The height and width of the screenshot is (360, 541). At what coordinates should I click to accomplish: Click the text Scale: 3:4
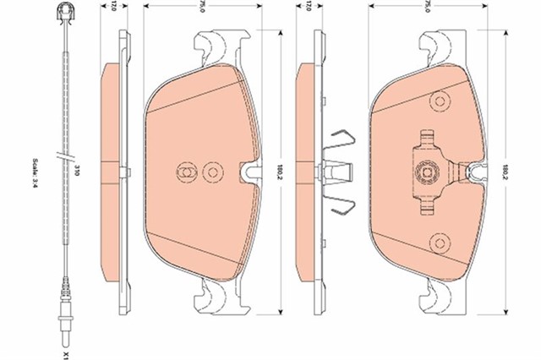point(35,175)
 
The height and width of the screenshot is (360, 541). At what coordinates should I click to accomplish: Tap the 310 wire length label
point(77,171)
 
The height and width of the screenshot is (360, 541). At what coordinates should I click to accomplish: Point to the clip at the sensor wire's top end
point(65,14)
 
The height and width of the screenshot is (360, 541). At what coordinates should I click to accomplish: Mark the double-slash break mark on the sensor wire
point(65,156)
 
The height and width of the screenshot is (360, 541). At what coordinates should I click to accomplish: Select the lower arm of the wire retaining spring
point(340,205)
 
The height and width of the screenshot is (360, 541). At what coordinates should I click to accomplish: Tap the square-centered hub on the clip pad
point(427,171)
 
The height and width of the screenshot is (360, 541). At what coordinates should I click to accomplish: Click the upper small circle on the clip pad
point(440,101)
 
